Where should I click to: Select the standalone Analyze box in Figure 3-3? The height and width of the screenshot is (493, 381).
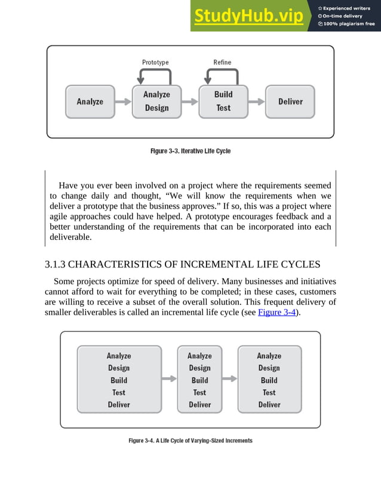pyautogui.click(x=90, y=101)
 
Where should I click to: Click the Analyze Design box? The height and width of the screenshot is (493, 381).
pyautogui.click(x=156, y=101)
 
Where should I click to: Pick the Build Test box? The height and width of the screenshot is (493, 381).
pyautogui.click(x=223, y=101)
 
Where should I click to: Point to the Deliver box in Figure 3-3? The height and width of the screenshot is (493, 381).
pyautogui.click(x=290, y=101)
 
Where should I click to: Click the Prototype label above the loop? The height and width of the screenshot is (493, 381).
pyautogui.click(x=155, y=62)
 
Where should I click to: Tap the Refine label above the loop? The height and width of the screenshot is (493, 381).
pyautogui.click(x=222, y=62)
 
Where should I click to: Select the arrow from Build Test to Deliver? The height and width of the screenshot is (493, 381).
pyautogui.click(x=256, y=102)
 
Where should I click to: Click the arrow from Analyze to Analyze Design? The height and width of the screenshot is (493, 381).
pyautogui.click(x=123, y=102)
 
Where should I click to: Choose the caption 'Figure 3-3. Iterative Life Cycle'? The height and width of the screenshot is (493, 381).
pyautogui.click(x=190, y=151)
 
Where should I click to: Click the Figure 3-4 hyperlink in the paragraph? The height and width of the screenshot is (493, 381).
pyautogui.click(x=277, y=312)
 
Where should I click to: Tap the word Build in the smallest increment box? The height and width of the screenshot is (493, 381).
pyautogui.click(x=199, y=380)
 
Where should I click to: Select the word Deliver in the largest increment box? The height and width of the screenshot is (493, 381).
pyautogui.click(x=119, y=405)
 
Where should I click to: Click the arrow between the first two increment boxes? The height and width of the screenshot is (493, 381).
pyautogui.click(x=170, y=378)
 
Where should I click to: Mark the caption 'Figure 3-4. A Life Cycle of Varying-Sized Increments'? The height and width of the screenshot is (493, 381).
pyautogui.click(x=190, y=440)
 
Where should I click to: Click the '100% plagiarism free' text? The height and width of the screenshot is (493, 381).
pyautogui.click(x=349, y=24)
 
